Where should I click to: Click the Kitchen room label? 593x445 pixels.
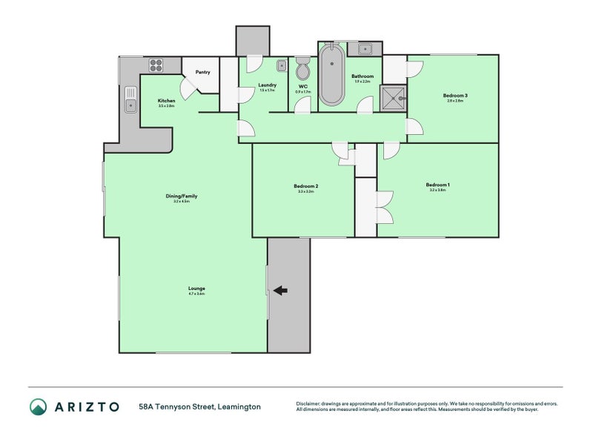[x=166, y=100]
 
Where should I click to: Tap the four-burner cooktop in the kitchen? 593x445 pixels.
[x=156, y=65]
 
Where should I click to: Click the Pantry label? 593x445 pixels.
[x=202, y=72]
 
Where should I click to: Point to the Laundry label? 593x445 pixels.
[x=267, y=85]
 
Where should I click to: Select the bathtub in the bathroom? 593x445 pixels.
[x=332, y=75]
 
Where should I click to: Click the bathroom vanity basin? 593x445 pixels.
[x=365, y=50]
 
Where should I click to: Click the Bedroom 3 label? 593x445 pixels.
[x=455, y=95]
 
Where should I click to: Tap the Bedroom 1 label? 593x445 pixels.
[x=437, y=185]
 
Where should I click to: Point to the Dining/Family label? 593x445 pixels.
[x=181, y=196]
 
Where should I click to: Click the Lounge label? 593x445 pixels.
[x=196, y=288]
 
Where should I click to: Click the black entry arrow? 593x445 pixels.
[x=280, y=291]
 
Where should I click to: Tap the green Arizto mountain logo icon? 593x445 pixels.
[x=38, y=406]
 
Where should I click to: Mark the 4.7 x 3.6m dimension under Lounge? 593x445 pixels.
[x=196, y=294]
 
